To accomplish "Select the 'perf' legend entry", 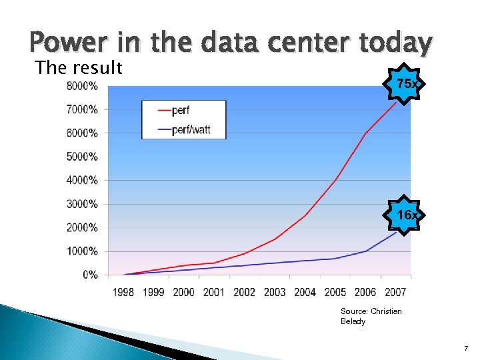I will [x=181, y=110].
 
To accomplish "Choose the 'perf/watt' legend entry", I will [x=191, y=129].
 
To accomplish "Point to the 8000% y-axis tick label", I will [x=82, y=86].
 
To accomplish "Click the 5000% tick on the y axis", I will [x=82, y=157].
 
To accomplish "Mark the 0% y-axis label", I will [x=89, y=275].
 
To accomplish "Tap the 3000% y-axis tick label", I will [x=82, y=204].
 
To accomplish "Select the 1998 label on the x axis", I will [x=123, y=292].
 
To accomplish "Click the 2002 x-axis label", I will [x=245, y=292].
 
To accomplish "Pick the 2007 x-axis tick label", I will [x=395, y=292].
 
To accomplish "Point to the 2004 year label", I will [x=305, y=292].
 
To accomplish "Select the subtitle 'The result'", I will [x=79, y=67].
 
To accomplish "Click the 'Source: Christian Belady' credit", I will [x=371, y=316].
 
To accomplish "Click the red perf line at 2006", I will [x=365, y=133].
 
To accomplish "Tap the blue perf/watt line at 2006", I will [x=365, y=251].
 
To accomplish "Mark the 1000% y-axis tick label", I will [x=82, y=251].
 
